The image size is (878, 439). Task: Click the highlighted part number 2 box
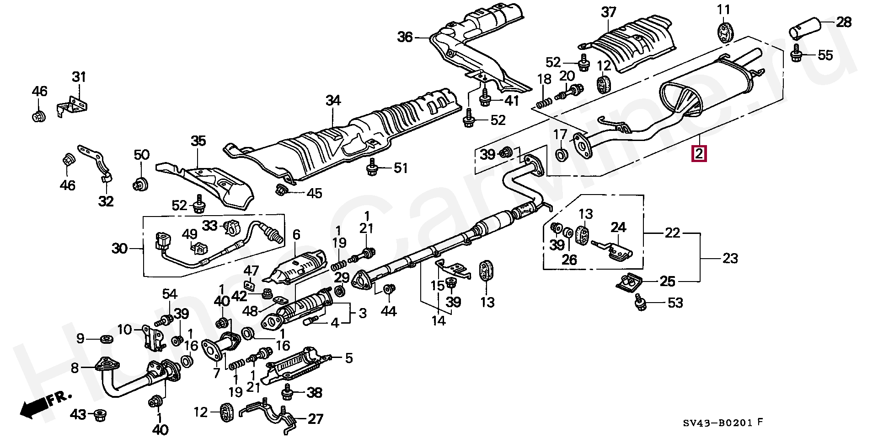click(699, 154)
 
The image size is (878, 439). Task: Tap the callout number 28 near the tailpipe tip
click(844, 22)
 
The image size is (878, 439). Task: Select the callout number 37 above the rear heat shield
click(609, 12)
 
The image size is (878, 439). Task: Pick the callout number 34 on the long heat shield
click(333, 101)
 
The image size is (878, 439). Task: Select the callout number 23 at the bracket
click(730, 259)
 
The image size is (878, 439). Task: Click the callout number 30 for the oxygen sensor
click(119, 249)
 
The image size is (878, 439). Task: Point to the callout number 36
click(404, 37)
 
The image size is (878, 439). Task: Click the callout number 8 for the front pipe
click(75, 368)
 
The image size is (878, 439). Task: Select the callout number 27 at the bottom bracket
click(315, 418)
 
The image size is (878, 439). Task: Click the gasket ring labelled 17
click(561, 154)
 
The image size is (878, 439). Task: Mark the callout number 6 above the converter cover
click(296, 235)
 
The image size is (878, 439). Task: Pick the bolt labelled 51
click(372, 168)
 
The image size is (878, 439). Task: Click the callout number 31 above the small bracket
click(79, 77)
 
